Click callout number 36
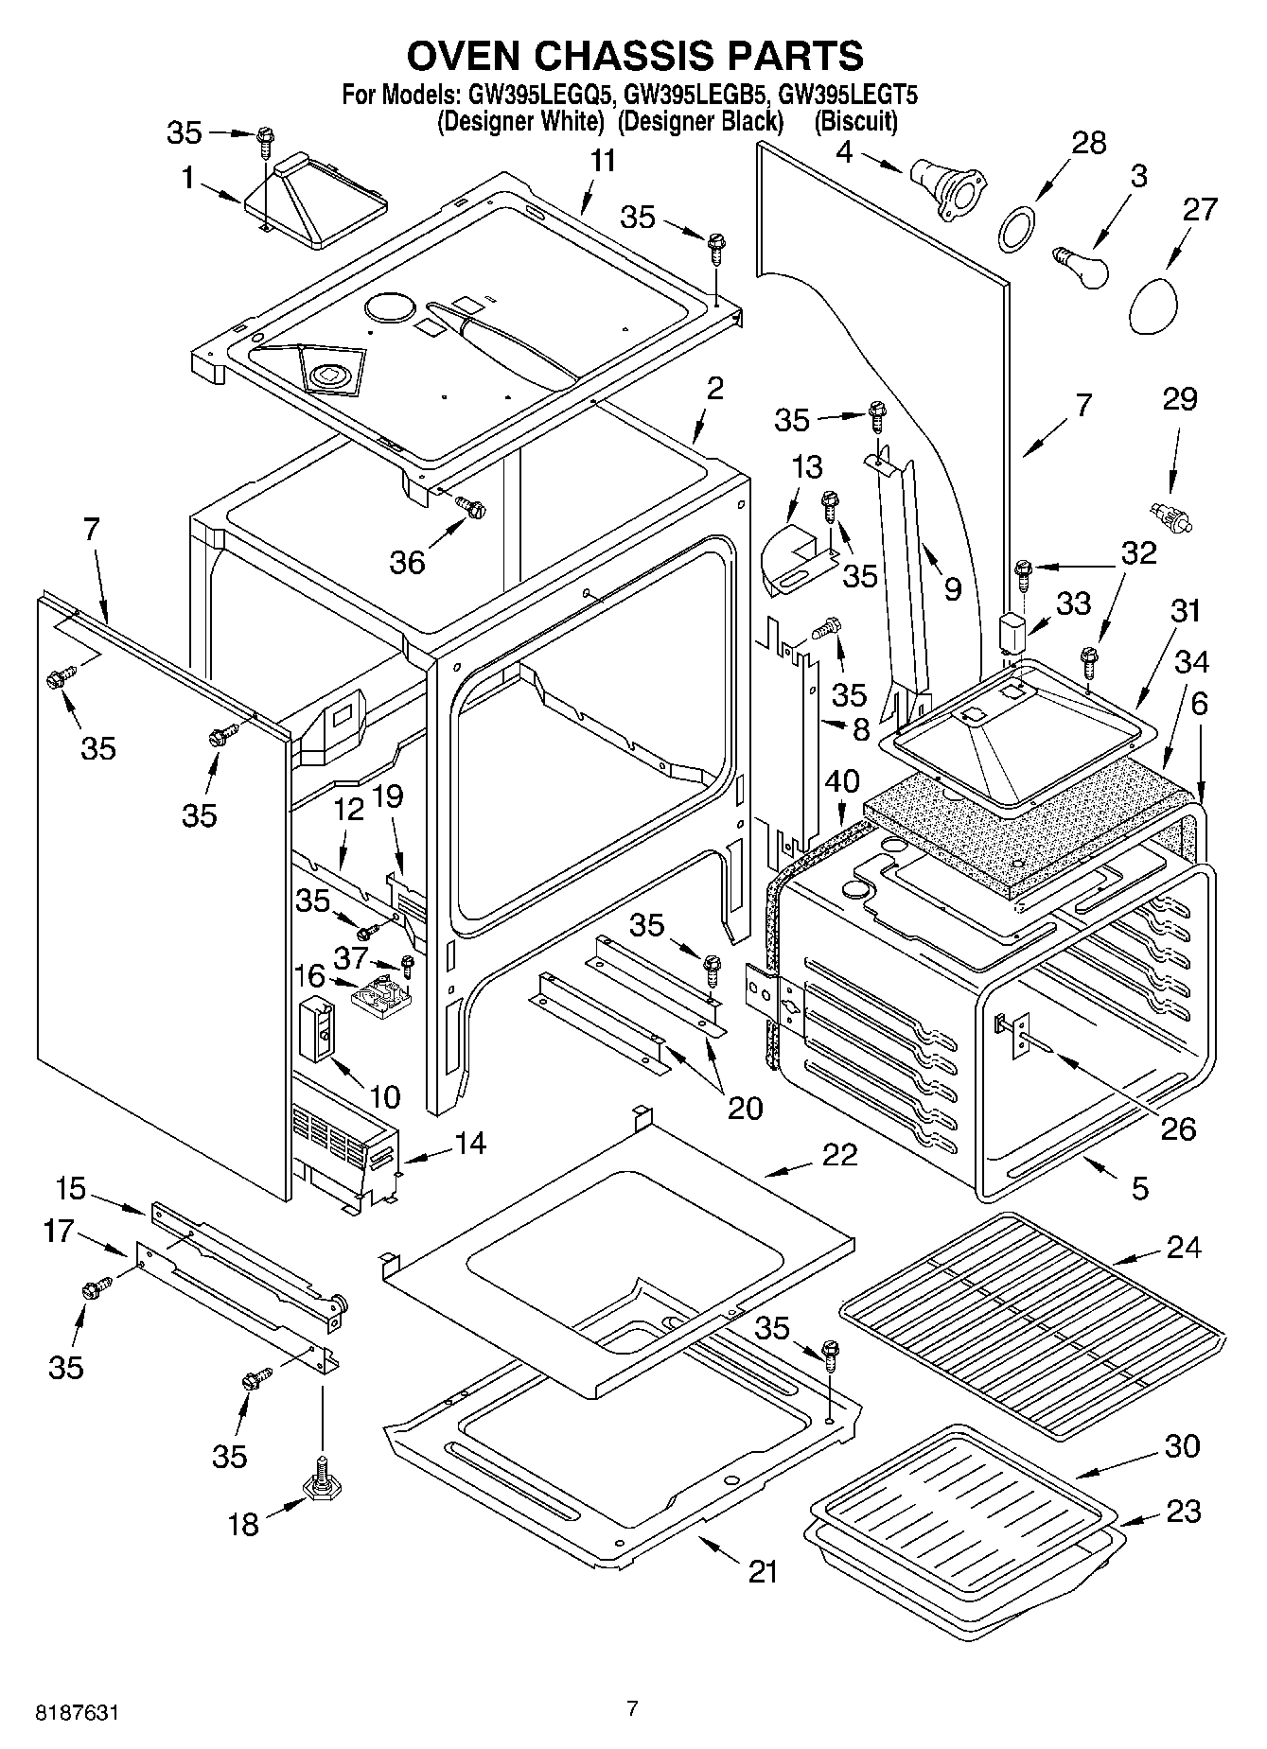pos(408,562)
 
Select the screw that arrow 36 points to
pos(470,508)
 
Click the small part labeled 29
pos(1170,516)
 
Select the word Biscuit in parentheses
pos(855,121)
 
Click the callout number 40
pos(841,780)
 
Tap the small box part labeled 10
pos(317,1029)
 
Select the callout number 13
pos(806,467)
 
